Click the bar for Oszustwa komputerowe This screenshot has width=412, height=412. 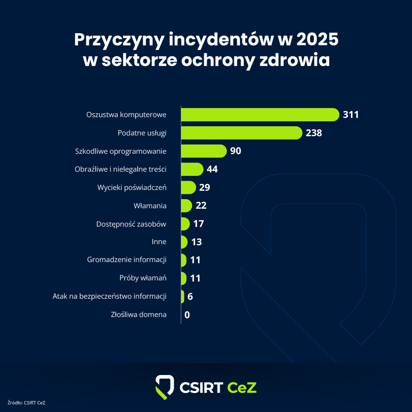pyautogui.click(x=259, y=114)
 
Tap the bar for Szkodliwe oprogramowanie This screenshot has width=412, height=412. pyautogui.click(x=203, y=151)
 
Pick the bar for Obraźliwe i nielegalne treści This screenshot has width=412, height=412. pyautogui.click(x=192, y=169)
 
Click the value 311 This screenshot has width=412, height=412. pyautogui.click(x=351, y=114)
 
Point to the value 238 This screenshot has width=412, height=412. pyautogui.click(x=314, y=133)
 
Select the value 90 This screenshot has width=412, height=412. pyautogui.click(x=235, y=151)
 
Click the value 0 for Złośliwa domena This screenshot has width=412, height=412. pyautogui.click(x=187, y=315)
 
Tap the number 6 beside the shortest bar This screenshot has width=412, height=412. pyautogui.click(x=190, y=296)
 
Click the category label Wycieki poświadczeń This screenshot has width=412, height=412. pyautogui.click(x=132, y=188)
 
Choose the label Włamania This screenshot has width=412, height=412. pyautogui.click(x=150, y=206)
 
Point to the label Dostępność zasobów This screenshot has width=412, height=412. pyautogui.click(x=131, y=224)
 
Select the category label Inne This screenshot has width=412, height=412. pyautogui.click(x=159, y=242)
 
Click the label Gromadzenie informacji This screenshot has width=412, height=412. pyautogui.click(x=127, y=260)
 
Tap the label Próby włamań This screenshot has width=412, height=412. pyautogui.click(x=143, y=278)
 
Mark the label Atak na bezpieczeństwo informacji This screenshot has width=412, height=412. pyautogui.click(x=109, y=296)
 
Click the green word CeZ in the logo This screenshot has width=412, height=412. pyautogui.click(x=242, y=387)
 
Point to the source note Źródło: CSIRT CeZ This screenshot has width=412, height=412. pyautogui.click(x=26, y=402)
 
